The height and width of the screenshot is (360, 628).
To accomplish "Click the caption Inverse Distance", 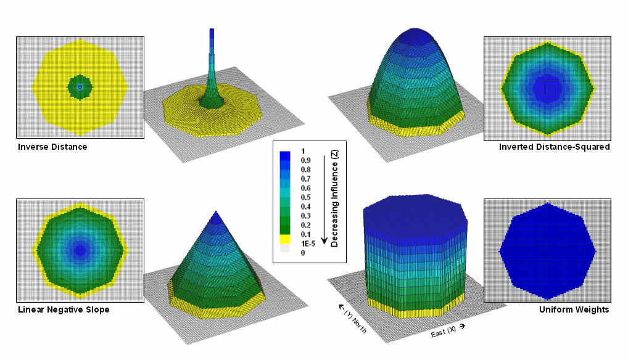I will tap(52, 147).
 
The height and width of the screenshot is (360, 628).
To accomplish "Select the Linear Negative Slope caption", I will tap(64, 309).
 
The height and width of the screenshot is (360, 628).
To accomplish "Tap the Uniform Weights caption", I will tap(580, 309).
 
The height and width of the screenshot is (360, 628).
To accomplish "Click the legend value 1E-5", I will tap(307, 243).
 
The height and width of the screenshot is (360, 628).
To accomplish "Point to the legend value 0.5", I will tap(305, 197).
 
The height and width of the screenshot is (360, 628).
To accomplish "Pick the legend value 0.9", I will tap(305, 160).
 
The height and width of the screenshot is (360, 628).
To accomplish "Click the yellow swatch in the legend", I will tap(284, 239).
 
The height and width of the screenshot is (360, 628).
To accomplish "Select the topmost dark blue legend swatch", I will tap(284, 155).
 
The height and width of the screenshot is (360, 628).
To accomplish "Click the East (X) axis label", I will tap(445, 332).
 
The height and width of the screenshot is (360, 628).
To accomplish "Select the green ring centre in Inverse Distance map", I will tap(80, 87).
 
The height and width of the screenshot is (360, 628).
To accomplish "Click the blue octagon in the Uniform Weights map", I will tap(547, 250).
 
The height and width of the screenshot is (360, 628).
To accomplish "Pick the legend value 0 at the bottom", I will tap(302, 253).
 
